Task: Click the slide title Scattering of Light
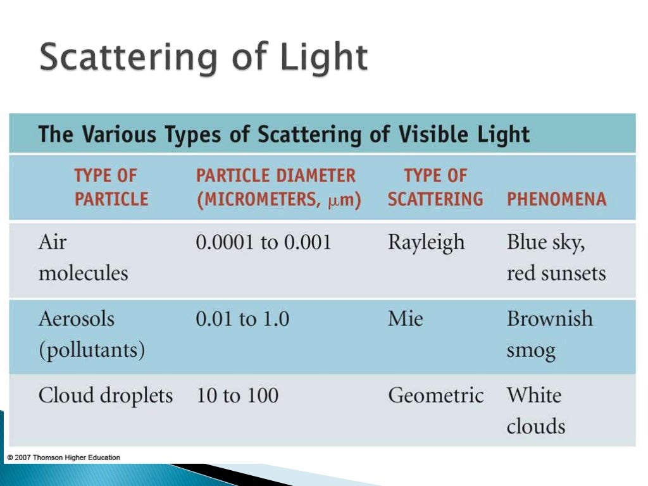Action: [x=203, y=59]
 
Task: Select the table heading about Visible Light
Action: [x=284, y=135]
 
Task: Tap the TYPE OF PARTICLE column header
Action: [x=111, y=187]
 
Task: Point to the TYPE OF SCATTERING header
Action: [x=435, y=187]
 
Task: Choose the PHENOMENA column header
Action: [x=556, y=199]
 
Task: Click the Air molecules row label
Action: [x=83, y=258]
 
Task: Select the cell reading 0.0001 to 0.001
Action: [x=263, y=242]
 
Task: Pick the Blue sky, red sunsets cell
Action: [x=556, y=258]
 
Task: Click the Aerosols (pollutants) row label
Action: [x=91, y=334]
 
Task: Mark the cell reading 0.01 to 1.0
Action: [x=242, y=319]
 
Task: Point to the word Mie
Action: [x=405, y=319]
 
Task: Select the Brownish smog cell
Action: [x=549, y=334]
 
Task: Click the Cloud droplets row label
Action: [x=105, y=396]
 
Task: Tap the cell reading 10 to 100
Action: [x=237, y=396]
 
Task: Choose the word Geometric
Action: [x=435, y=396]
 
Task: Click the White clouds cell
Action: [x=535, y=410]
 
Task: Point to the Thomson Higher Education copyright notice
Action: [x=63, y=457]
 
